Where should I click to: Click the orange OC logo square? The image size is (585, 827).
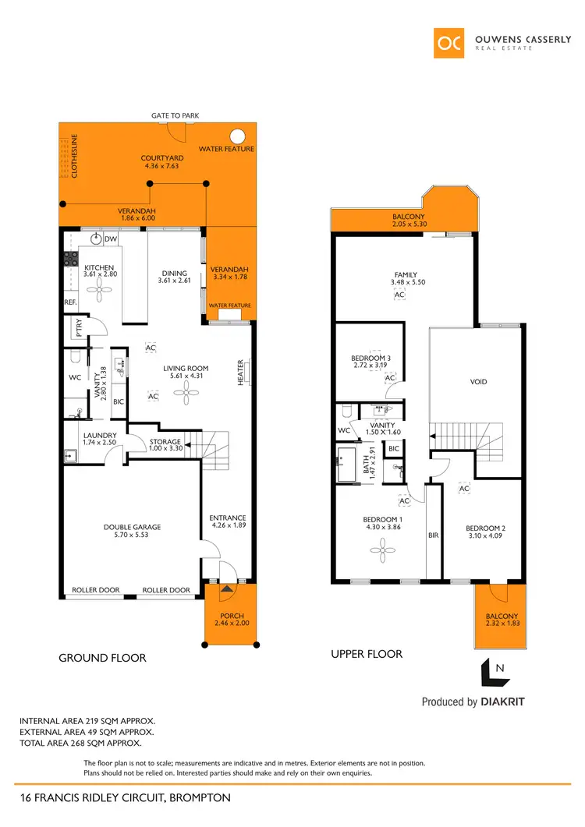point(450,42)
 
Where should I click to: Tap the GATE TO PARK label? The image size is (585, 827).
point(175,116)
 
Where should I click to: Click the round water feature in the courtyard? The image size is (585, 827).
point(238,133)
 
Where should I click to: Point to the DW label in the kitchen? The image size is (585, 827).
point(111,239)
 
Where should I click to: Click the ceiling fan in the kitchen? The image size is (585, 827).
point(99,291)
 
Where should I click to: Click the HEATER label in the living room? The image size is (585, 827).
point(240,372)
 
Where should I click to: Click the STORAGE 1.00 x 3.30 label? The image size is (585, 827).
point(165,446)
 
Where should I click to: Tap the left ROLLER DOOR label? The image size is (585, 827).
point(96,590)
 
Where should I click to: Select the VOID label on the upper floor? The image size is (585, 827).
point(479,382)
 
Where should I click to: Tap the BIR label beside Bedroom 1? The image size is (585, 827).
point(434,536)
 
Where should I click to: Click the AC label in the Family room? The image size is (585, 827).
point(400,295)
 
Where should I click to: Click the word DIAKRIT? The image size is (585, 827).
point(502,702)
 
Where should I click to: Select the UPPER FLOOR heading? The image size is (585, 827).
point(367,654)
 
